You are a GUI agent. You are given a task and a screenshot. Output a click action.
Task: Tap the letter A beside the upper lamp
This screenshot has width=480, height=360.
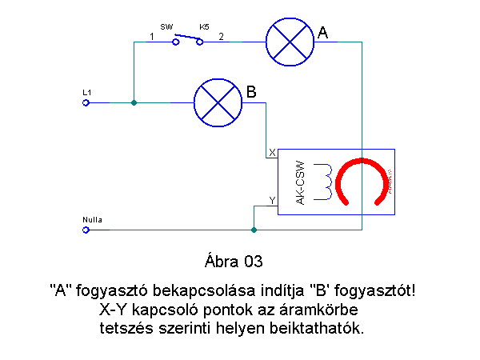tap(322, 33)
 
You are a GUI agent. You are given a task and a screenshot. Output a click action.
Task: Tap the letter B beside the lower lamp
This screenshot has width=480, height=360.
tap(250, 93)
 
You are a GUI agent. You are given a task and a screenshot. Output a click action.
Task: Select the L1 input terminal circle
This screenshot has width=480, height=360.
tap(86, 102)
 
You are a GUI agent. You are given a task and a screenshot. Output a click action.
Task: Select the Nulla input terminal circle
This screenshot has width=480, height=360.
tap(86, 230)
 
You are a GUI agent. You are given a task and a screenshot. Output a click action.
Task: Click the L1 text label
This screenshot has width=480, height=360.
tap(87, 93)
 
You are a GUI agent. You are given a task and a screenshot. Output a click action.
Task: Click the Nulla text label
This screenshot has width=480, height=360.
tap(92, 219)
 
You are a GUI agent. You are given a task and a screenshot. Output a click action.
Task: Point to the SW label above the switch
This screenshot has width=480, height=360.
tap(166, 26)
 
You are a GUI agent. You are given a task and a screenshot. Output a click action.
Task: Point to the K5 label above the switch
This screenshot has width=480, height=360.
tap(204, 26)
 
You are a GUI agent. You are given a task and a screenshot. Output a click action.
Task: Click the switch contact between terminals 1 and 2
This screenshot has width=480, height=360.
tap(188, 38)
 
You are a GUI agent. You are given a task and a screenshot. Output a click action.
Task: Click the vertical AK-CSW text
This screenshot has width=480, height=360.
tap(300, 182)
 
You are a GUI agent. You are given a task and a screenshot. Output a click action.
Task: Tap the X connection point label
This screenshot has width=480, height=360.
tap(272, 152)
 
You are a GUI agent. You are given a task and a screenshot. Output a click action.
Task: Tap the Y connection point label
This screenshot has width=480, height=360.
tap(272, 199)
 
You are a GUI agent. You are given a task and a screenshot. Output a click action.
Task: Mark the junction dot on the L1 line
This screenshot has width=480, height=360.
tap(134, 102)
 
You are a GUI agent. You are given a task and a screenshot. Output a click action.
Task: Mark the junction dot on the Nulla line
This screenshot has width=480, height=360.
tap(254, 230)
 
